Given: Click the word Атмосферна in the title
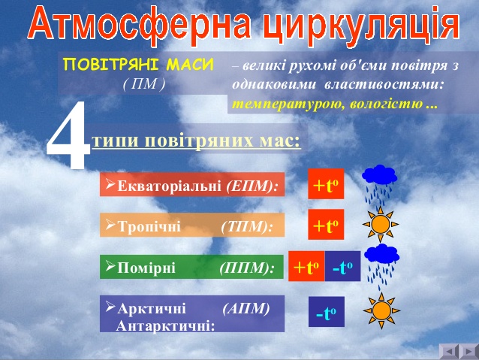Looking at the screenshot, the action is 140,25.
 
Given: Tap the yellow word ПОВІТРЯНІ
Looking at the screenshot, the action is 111,65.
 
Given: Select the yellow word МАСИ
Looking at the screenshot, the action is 190,65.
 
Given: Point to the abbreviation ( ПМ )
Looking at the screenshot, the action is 144,84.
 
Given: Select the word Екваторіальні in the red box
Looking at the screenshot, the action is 169,186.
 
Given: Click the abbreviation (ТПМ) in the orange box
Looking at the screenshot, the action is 246,227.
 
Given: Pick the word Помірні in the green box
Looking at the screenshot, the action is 146,268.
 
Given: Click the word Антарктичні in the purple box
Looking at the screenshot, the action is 166,326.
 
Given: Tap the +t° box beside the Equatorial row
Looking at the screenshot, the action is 326,184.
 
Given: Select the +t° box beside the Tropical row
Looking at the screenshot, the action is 326,225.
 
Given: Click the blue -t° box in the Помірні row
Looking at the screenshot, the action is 342,266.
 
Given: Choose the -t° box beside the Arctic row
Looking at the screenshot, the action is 327,312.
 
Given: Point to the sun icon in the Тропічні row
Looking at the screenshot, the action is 381,224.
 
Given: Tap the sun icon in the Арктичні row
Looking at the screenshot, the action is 381,310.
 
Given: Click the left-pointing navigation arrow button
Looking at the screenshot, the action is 449,352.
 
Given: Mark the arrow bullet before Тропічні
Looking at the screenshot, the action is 110,225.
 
